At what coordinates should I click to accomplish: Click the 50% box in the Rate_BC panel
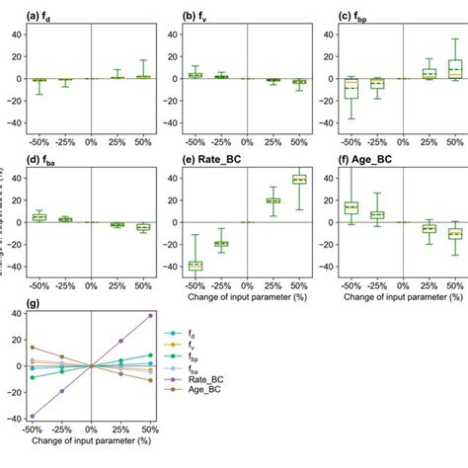click(299, 180)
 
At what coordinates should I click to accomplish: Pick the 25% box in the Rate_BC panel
click(273, 200)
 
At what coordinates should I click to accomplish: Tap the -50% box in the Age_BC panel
click(351, 207)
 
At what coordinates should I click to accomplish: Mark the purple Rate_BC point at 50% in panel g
click(150, 316)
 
